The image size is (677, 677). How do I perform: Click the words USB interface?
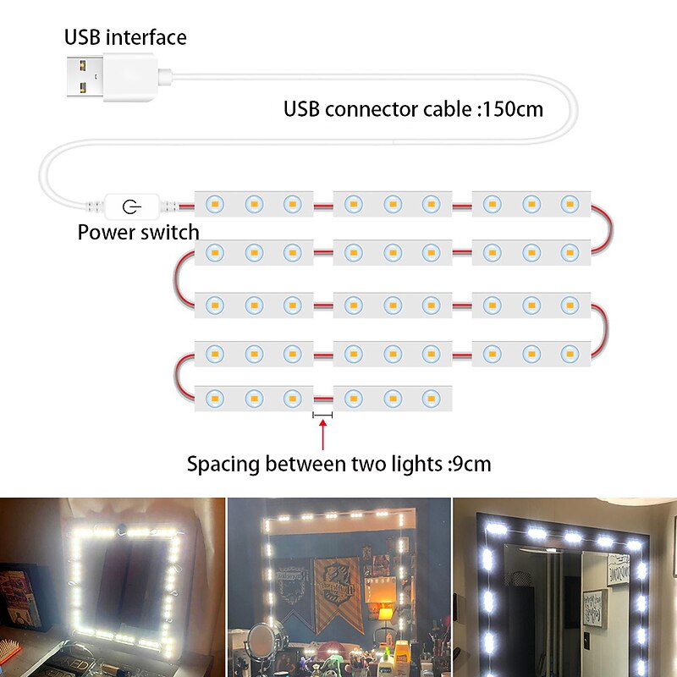coord(125,37)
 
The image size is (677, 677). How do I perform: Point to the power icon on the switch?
coord(130,206)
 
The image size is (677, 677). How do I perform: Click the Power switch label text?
coord(138,232)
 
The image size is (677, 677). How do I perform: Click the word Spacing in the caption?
coord(223,465)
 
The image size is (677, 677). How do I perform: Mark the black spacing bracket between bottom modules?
coord(322,415)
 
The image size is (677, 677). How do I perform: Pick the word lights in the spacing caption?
coord(405,464)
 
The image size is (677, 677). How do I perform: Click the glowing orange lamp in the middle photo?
coord(385,611)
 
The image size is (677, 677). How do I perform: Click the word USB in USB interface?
coord(82,37)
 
